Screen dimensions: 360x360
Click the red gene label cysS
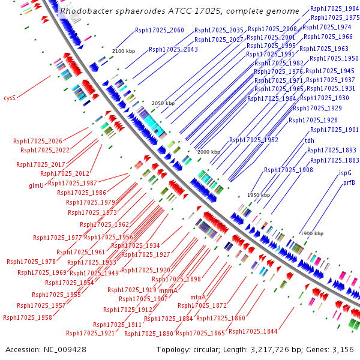tap(9, 97)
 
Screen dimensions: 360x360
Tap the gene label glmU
tap(37, 186)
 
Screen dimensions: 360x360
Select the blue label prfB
tap(349, 182)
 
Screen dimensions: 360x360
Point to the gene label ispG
tap(345, 173)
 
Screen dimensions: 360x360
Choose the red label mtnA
tap(198, 297)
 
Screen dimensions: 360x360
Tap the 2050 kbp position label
tap(163, 103)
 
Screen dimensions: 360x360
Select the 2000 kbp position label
tap(209, 152)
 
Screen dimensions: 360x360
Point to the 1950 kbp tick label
tap(259, 195)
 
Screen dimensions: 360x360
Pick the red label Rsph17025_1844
tap(253, 331)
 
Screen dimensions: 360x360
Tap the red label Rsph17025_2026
tap(38, 141)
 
